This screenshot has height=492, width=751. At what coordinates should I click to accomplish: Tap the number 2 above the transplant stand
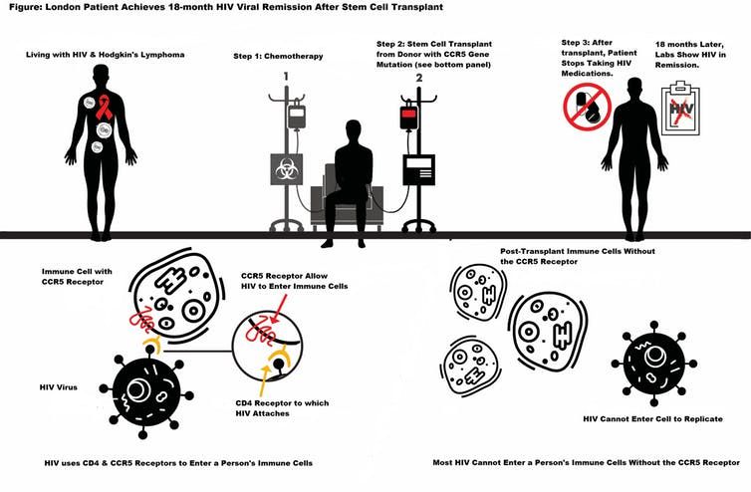(419, 76)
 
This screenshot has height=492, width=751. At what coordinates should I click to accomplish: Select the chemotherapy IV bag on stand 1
(295, 117)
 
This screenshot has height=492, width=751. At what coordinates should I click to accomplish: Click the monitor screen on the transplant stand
(417, 169)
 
